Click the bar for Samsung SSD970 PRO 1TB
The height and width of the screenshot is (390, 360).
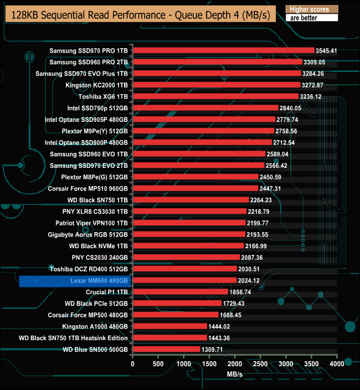click(223, 50)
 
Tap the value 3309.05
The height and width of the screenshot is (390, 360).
click(314, 62)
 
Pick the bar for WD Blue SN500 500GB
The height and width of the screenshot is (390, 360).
click(166, 349)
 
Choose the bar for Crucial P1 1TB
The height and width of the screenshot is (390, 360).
click(180, 291)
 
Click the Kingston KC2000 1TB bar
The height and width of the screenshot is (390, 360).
click(217, 85)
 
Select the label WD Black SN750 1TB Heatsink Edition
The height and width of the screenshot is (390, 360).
click(73, 338)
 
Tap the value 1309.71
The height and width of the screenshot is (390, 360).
click(213, 350)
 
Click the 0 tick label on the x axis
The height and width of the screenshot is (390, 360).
click(133, 364)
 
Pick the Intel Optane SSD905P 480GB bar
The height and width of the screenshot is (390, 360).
click(204, 119)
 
